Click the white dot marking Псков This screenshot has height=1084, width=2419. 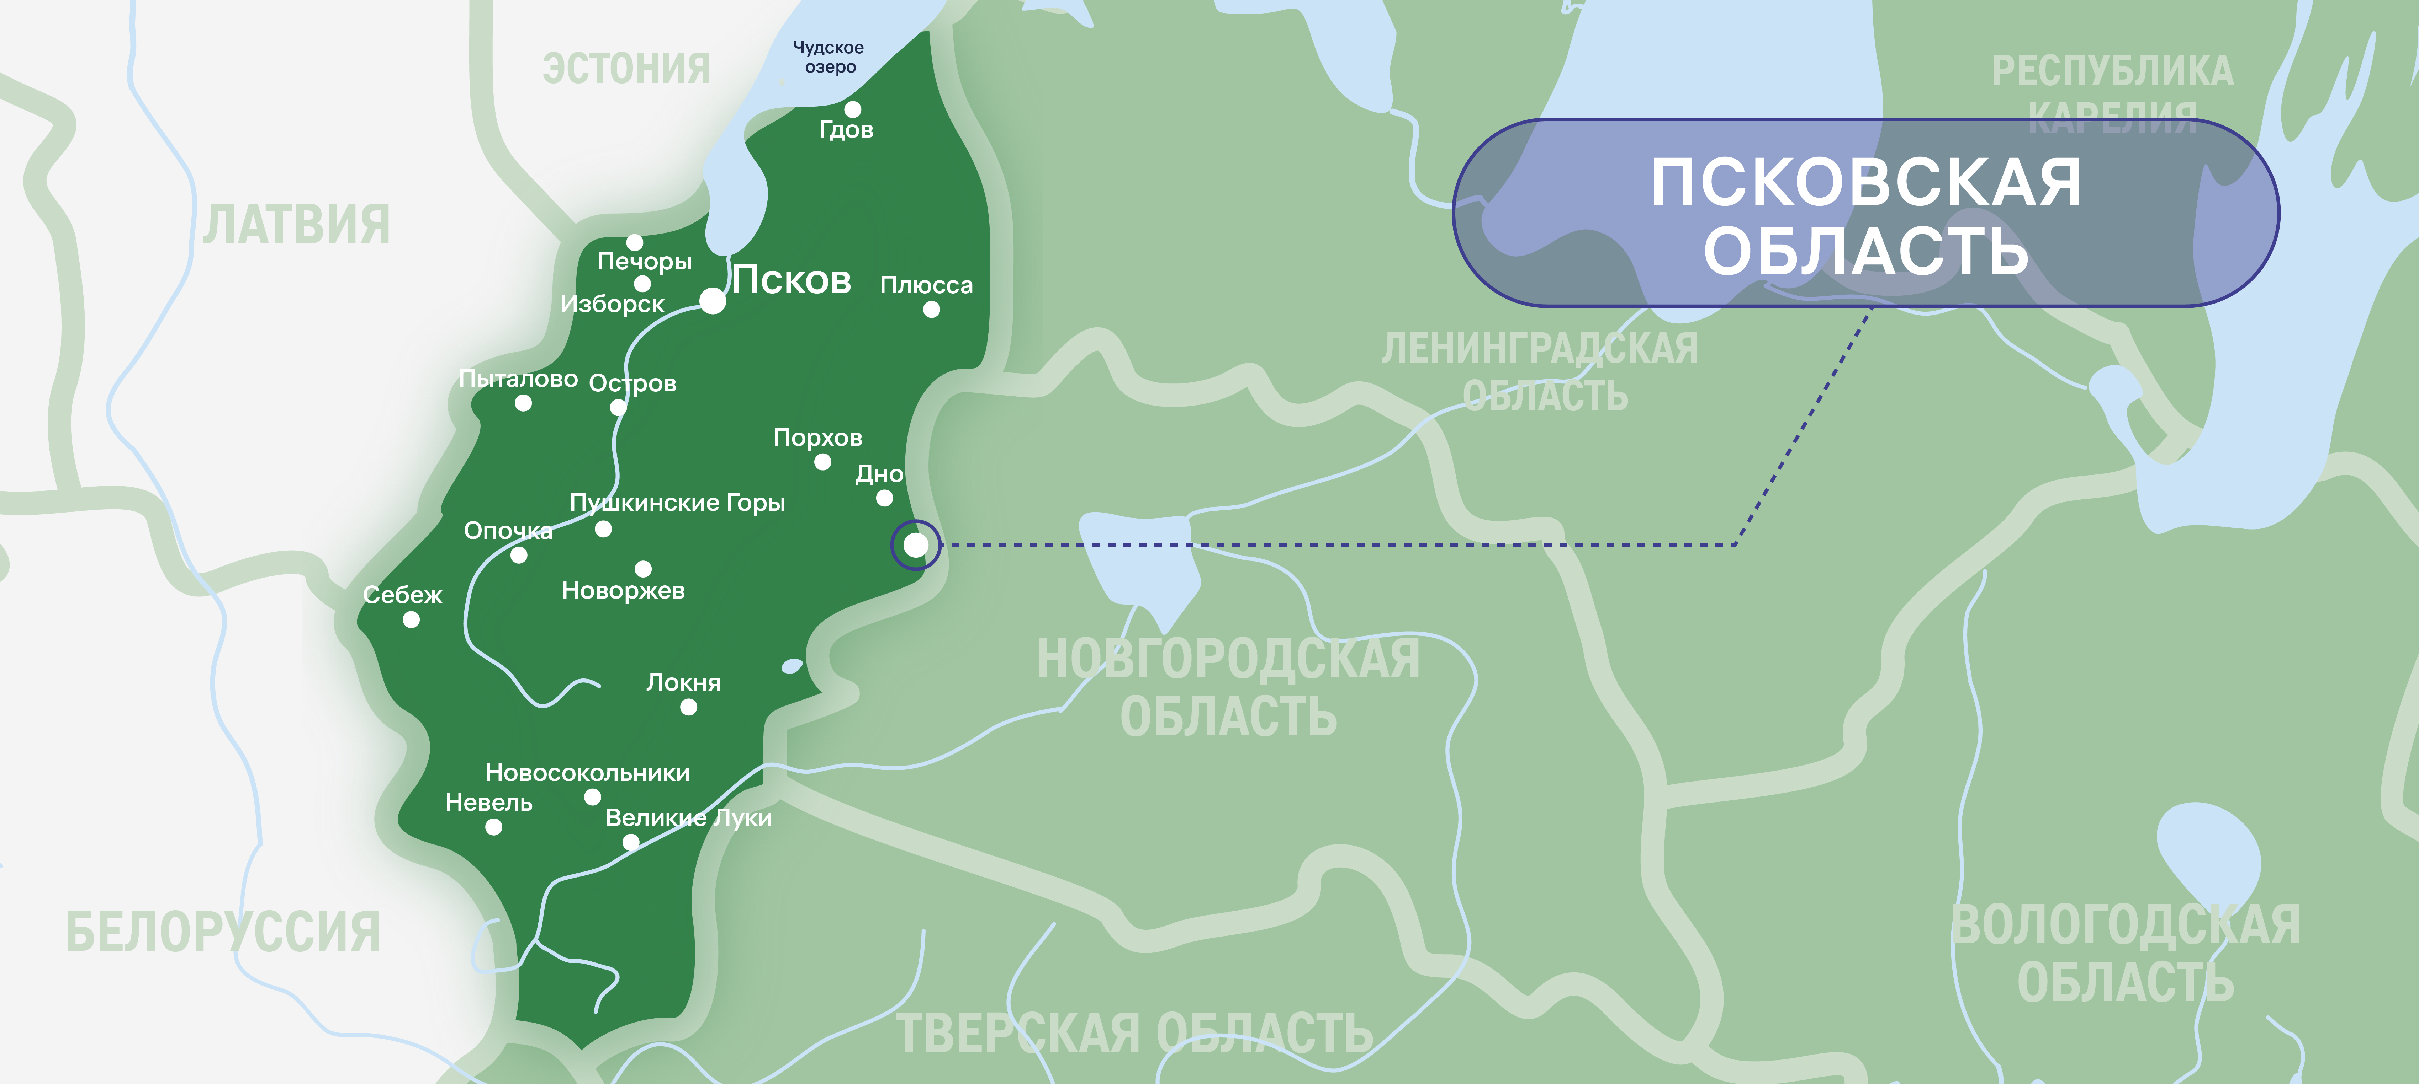pyautogui.click(x=713, y=301)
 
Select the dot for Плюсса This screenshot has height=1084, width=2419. pyautogui.click(x=932, y=310)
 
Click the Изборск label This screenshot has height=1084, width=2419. pyautogui.click(x=612, y=304)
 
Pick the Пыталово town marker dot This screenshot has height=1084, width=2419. pyautogui.click(x=523, y=403)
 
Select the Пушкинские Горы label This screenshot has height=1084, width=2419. pyautogui.click(x=677, y=503)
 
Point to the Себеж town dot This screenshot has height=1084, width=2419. pyautogui.click(x=411, y=619)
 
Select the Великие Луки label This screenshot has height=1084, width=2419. pyautogui.click(x=688, y=819)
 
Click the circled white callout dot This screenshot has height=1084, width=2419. pyautogui.click(x=916, y=544)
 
